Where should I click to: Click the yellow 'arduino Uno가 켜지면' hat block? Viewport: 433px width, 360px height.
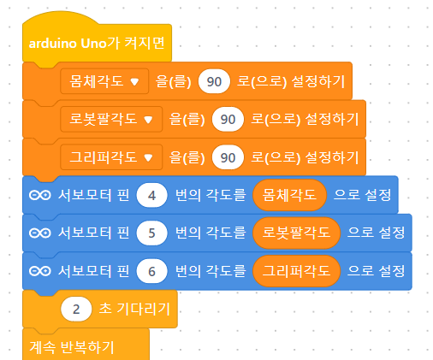97,43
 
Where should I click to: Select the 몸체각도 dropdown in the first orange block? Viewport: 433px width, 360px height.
104,81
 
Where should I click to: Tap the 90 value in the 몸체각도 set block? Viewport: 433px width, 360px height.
214,81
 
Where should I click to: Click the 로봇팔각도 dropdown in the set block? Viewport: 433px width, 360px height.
111,119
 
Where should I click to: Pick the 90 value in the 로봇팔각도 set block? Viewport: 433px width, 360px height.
228,119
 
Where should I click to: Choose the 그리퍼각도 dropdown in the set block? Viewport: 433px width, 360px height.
111,157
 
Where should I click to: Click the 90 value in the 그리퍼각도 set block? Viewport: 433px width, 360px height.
228,157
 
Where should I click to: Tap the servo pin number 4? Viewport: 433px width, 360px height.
151,195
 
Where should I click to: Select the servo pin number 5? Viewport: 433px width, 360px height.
151,233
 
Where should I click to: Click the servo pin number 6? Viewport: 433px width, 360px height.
151,271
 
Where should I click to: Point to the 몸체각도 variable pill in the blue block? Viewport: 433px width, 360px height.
289,195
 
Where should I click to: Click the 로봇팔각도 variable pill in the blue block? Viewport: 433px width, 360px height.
296,233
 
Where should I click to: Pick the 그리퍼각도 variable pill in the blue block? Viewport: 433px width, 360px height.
296,271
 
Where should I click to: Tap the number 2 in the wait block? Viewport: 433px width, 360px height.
76,310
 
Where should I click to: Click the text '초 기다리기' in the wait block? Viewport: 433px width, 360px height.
134,309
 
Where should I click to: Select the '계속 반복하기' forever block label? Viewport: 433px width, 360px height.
72,347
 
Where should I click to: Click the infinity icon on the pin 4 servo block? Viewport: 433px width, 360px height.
40,195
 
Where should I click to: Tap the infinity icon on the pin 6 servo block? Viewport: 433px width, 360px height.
40,271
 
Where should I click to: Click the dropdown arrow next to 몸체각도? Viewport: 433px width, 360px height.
134,82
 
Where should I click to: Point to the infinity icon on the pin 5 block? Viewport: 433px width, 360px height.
40,233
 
